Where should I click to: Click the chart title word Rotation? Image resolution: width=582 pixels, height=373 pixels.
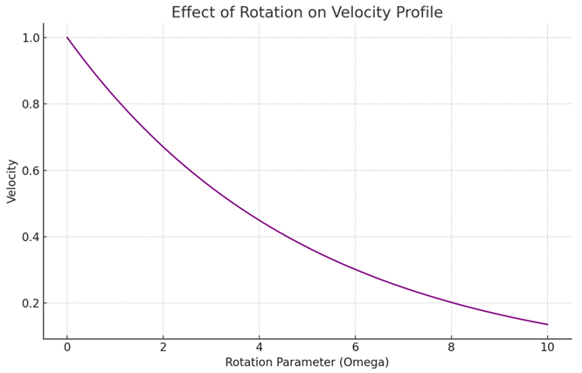click(x=271, y=12)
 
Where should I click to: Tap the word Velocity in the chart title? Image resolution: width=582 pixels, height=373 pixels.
click(x=361, y=13)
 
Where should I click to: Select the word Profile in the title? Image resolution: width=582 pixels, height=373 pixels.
click(x=419, y=12)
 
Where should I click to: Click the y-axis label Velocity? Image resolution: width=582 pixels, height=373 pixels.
click(x=12, y=181)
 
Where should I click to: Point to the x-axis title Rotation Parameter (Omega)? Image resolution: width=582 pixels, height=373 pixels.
click(x=307, y=362)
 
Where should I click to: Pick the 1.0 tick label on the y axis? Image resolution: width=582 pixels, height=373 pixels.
click(x=30, y=38)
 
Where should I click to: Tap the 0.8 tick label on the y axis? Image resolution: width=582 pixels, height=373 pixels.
click(x=30, y=104)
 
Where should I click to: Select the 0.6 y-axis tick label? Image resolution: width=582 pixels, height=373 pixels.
click(x=30, y=170)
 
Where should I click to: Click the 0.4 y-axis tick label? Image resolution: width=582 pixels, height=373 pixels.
click(x=30, y=237)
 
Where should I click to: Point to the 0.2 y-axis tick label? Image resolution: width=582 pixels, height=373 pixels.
click(x=30, y=303)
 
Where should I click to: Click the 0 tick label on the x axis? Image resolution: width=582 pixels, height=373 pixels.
click(x=67, y=348)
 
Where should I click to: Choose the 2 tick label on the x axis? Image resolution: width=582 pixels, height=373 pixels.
click(x=163, y=348)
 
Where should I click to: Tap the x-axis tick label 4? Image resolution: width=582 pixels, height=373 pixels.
click(x=259, y=348)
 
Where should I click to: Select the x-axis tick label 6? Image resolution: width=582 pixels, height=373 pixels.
click(x=355, y=348)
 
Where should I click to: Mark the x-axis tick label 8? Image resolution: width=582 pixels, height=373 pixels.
click(x=451, y=348)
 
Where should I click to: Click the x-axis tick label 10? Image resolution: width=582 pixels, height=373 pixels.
click(x=547, y=348)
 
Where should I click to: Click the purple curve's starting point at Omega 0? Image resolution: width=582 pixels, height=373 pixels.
click(x=67, y=38)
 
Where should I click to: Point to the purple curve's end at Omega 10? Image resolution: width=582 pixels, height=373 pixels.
click(x=547, y=325)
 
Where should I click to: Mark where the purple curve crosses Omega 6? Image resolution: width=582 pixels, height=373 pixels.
click(x=355, y=269)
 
